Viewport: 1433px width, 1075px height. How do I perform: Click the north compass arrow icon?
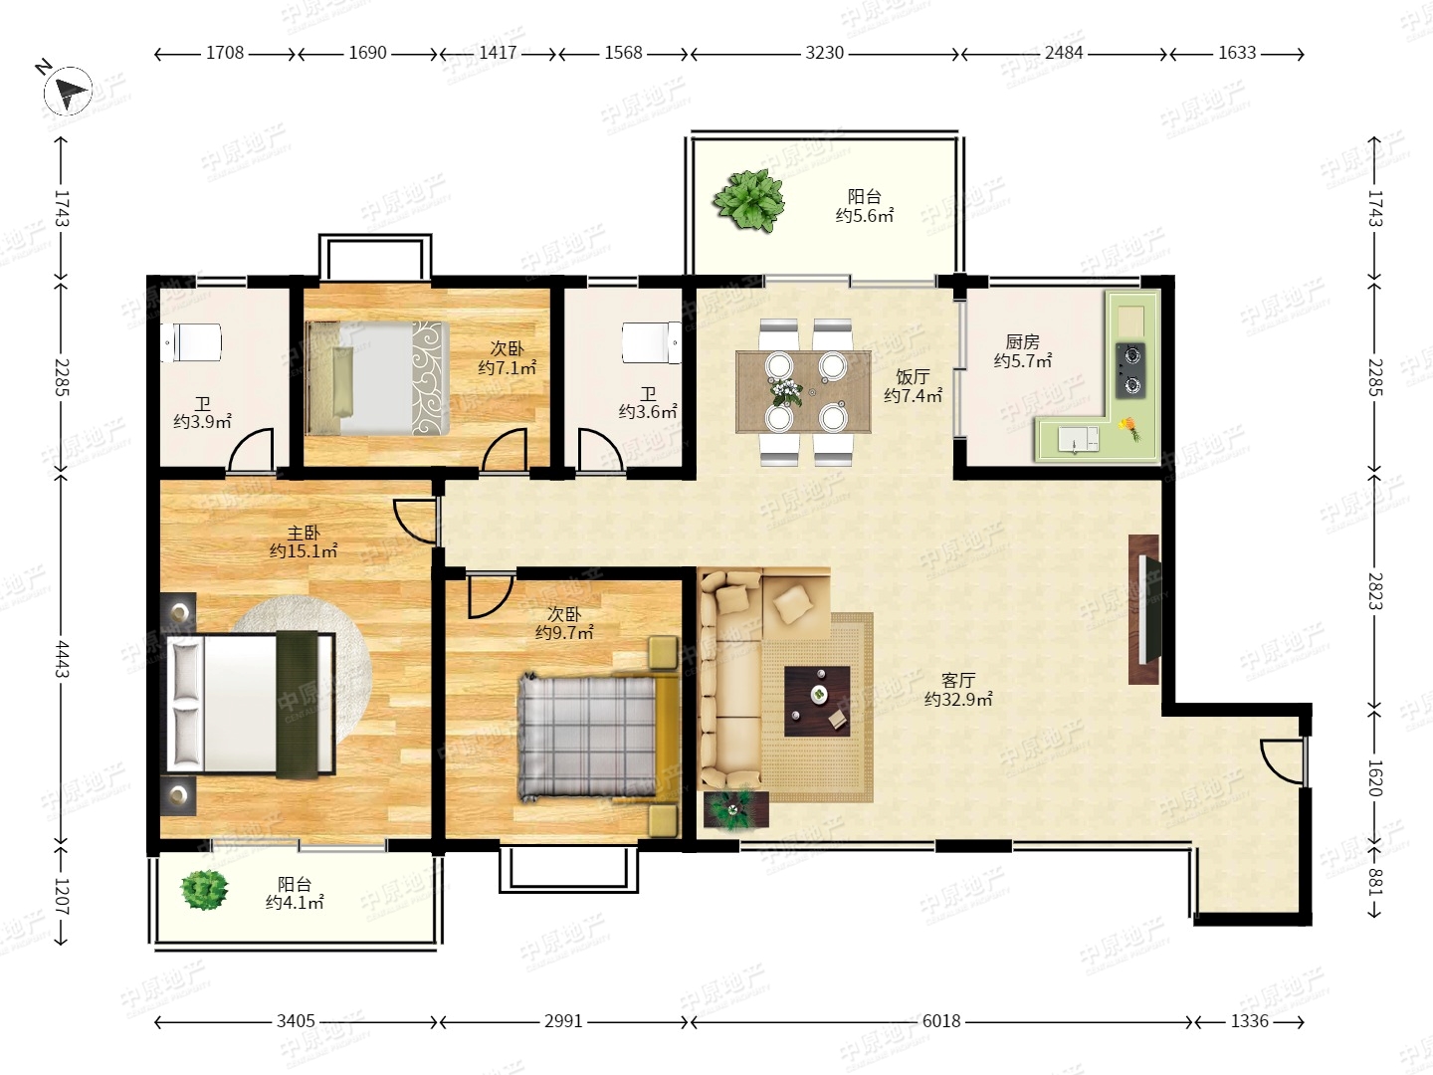coord(68,91)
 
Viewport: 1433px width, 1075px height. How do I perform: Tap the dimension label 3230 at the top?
coord(824,53)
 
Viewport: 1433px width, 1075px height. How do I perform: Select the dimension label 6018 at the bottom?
coord(940,1021)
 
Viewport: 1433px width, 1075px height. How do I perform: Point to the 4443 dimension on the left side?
coord(62,659)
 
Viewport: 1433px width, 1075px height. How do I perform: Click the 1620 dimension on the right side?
coord(1374,778)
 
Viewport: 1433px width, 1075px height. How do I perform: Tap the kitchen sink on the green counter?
coord(1078,440)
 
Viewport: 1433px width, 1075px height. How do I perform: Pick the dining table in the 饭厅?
coord(803,391)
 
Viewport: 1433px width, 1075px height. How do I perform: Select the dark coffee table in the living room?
coord(817,701)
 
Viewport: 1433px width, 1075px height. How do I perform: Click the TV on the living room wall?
coord(1149,609)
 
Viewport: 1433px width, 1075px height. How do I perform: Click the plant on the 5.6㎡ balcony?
coord(748,200)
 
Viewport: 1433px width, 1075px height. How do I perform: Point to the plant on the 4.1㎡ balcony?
coord(204,890)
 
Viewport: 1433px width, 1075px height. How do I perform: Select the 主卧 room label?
coord(304,534)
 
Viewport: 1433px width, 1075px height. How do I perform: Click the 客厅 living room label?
coord(958,681)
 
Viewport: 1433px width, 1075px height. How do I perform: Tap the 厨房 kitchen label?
coord(1022,342)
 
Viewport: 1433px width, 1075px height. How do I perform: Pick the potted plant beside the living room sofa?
coord(735,810)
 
